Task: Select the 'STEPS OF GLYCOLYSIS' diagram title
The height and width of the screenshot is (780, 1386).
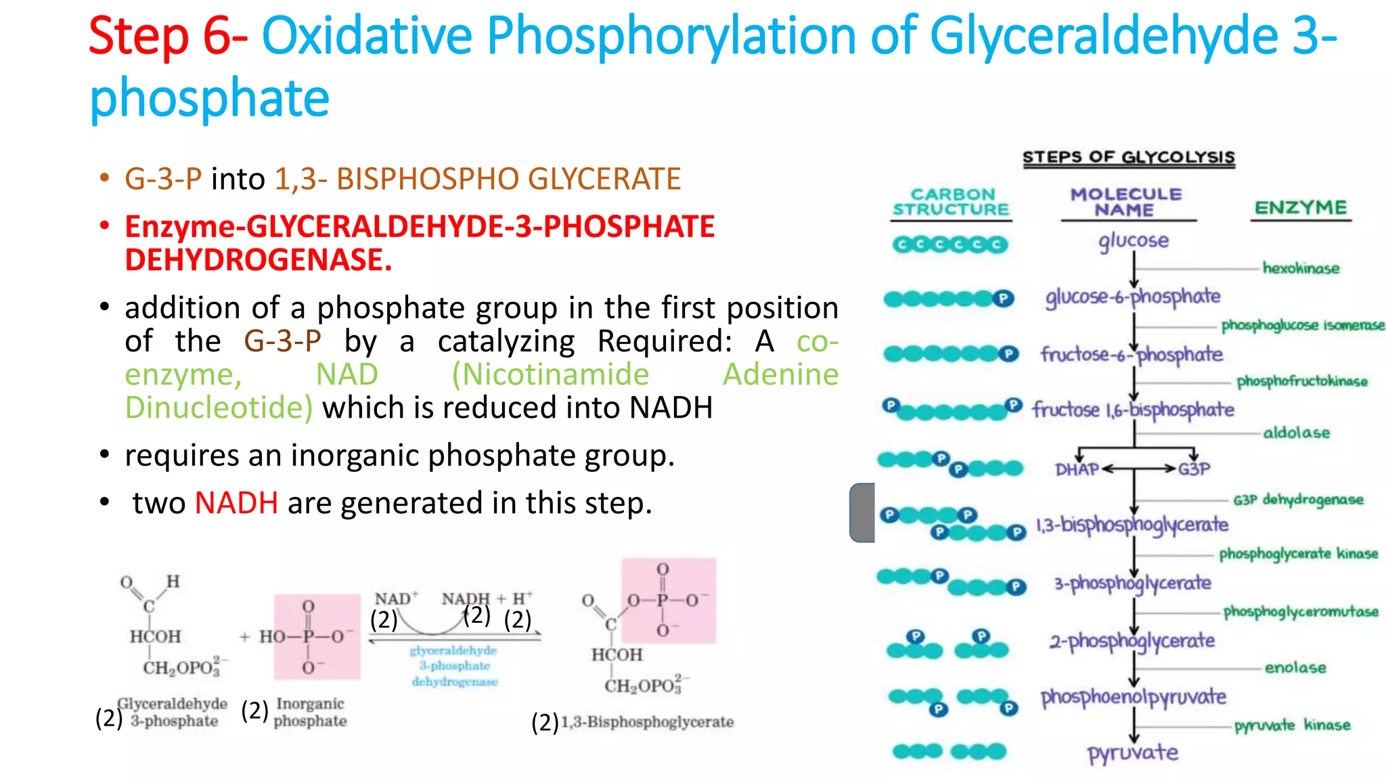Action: click(1128, 157)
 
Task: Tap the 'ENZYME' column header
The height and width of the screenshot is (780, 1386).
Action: click(1300, 208)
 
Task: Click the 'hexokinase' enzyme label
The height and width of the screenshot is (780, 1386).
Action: click(1301, 268)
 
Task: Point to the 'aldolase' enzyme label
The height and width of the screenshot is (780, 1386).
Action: click(1296, 433)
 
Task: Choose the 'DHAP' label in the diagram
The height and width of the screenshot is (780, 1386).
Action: click(1077, 469)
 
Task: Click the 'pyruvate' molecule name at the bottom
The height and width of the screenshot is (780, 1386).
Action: click(1132, 752)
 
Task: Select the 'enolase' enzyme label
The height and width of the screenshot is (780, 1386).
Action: click(1295, 668)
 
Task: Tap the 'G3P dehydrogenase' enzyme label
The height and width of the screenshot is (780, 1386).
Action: click(1297, 500)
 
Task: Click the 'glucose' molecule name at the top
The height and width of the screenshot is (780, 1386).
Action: click(1134, 240)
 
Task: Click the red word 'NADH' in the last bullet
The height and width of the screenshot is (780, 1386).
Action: click(236, 503)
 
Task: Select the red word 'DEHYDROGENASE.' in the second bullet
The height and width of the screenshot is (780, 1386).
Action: click(259, 260)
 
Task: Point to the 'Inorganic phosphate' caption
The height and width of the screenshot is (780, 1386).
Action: click(310, 712)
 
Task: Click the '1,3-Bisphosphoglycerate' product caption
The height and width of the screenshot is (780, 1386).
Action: click(647, 722)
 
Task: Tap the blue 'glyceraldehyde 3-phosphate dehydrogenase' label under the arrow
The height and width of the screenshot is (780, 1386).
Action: click(454, 666)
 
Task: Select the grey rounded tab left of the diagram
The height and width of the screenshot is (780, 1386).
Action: click(862, 513)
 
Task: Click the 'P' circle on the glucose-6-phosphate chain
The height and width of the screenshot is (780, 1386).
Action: click(1003, 299)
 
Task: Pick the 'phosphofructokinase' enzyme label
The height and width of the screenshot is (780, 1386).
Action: click(1301, 381)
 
